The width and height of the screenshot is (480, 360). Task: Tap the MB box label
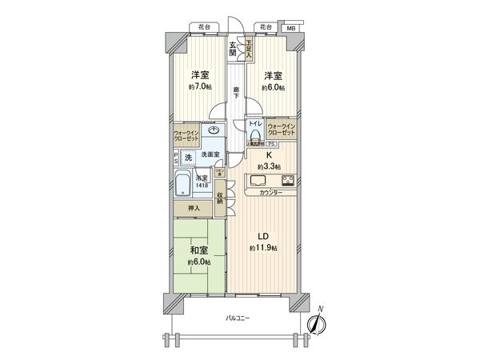[x=293, y=28]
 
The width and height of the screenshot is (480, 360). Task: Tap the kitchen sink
[x=258, y=179]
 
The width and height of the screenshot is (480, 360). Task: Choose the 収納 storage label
[x=219, y=198]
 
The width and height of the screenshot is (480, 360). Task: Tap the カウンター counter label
[x=270, y=194]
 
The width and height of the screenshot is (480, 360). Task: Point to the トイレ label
[x=254, y=123]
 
